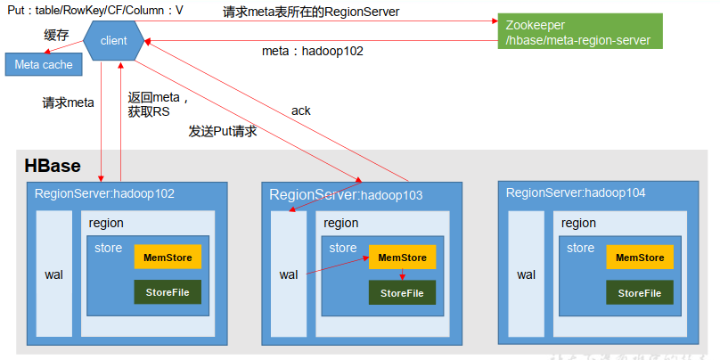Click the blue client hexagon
[114, 41]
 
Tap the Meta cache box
[44, 65]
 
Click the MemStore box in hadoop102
[168, 257]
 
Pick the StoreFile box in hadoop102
[168, 292]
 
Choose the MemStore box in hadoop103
[403, 258]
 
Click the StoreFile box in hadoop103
[403, 293]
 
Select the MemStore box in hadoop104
[640, 258]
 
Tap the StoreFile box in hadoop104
[640, 293]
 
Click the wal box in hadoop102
[53, 274]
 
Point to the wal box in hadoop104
[526, 274]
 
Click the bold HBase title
[52, 166]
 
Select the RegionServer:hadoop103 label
[346, 193]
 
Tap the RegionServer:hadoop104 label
[576, 192]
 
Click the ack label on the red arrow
[300, 110]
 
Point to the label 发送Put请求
[223, 131]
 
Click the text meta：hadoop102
[313, 51]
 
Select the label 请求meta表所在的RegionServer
[311, 12]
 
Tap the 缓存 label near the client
[56, 35]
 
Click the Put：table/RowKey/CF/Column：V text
[95, 11]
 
